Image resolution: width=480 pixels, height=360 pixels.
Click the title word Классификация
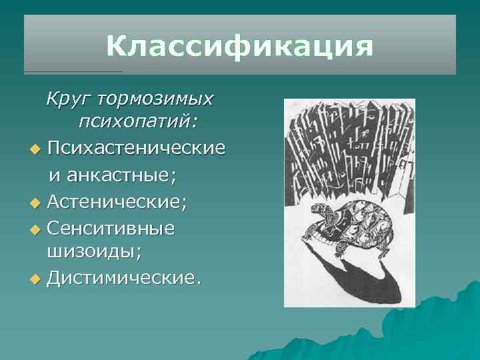(239, 47)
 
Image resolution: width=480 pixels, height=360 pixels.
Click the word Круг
(67, 99)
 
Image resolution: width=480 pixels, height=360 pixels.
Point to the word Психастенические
(136, 147)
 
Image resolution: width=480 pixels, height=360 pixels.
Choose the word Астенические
(117, 201)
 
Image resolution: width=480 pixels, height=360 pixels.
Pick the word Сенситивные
(111, 228)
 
